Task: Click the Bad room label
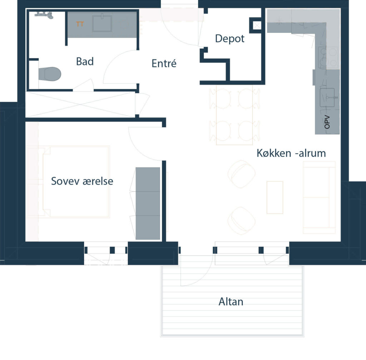point(85,61)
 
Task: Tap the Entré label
point(164,64)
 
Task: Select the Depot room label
point(230,39)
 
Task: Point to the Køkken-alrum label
point(291,153)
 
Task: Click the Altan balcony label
point(231,302)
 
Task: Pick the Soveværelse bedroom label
point(82,181)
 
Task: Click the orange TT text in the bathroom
point(80,24)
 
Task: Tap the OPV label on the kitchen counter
point(327,122)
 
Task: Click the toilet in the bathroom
point(50,74)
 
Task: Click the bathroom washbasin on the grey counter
point(102,23)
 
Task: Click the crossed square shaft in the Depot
point(257,25)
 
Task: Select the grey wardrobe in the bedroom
point(148,203)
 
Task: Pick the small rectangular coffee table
point(275,197)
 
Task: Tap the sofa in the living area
point(319,197)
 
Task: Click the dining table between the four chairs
point(234,115)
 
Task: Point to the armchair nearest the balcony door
point(241,221)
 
